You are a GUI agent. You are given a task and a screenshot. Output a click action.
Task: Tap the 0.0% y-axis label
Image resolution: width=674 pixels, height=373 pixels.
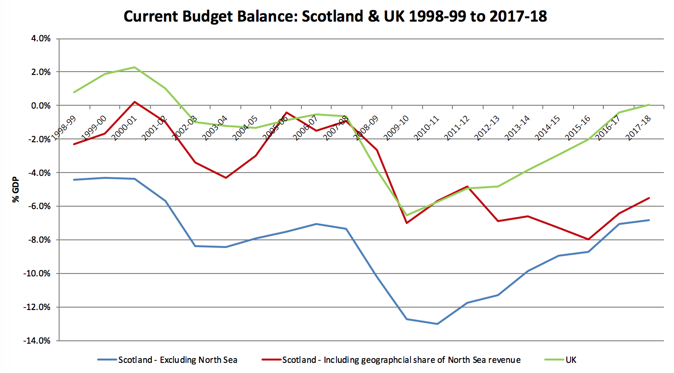pos(40,105)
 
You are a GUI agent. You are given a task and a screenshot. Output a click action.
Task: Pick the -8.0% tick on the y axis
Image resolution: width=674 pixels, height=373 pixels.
pos(39,240)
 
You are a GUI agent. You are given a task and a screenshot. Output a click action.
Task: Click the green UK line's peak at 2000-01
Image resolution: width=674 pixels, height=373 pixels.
pos(135,67)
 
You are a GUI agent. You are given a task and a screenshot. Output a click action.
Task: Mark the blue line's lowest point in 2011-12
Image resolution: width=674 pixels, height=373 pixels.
pos(437,324)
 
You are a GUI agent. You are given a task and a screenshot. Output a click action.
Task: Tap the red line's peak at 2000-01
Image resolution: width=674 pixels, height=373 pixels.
pos(135,102)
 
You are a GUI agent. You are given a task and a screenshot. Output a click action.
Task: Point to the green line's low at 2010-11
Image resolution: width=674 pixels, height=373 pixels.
pos(407,215)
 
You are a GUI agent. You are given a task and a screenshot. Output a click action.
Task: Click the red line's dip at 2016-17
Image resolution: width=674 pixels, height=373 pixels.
pos(588,239)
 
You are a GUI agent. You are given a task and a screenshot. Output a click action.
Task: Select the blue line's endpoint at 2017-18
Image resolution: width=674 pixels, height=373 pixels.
pos(649,220)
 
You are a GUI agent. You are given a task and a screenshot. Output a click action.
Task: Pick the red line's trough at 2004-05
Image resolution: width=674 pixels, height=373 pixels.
pos(225,178)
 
